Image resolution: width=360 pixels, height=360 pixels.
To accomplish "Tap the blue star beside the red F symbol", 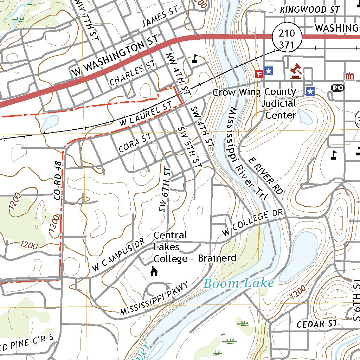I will tap(269, 71).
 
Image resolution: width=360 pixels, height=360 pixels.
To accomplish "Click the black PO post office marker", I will tap(338, 88).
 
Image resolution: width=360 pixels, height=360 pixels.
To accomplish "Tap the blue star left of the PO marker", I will tap(310, 91).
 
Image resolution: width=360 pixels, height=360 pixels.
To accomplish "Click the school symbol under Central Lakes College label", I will tap(154, 271).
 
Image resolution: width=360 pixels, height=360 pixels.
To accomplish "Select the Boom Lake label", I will tap(239, 283).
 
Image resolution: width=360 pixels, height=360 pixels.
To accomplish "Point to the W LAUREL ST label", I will tap(146, 114).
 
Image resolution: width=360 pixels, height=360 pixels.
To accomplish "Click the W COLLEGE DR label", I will tap(252, 223).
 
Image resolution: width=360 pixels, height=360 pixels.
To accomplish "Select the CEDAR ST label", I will tap(317, 324).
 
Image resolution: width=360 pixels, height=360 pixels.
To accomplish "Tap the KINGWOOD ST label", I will tap(310, 10).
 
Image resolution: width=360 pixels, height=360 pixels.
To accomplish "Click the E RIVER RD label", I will tap(265, 176).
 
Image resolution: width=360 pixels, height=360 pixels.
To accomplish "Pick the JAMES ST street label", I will tap(160, 18).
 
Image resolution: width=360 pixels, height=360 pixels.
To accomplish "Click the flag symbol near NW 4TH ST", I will tap(195, 58).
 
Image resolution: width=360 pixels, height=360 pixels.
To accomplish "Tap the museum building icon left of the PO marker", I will tap(349, 76).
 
